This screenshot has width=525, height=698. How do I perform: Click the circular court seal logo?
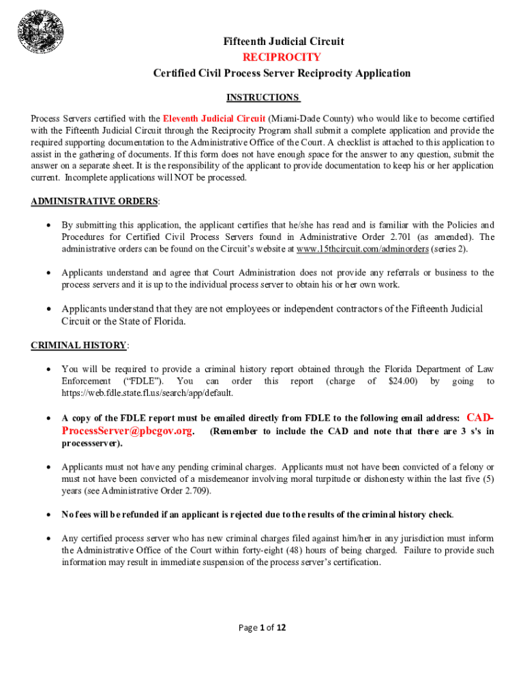tap(41, 31)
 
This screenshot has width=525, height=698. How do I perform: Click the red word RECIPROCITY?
tap(282, 57)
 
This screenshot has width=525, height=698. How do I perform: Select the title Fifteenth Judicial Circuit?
tap(284, 42)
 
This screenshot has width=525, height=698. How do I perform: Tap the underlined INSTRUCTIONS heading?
tap(263, 97)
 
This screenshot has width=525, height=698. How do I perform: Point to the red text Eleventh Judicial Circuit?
tap(214, 119)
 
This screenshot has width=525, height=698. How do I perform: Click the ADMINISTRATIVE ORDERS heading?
tap(95, 201)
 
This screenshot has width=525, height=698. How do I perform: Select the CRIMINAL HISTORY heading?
tap(78, 346)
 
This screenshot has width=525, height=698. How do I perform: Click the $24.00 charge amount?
tap(402, 381)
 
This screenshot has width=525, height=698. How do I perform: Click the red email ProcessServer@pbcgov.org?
tap(127, 431)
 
